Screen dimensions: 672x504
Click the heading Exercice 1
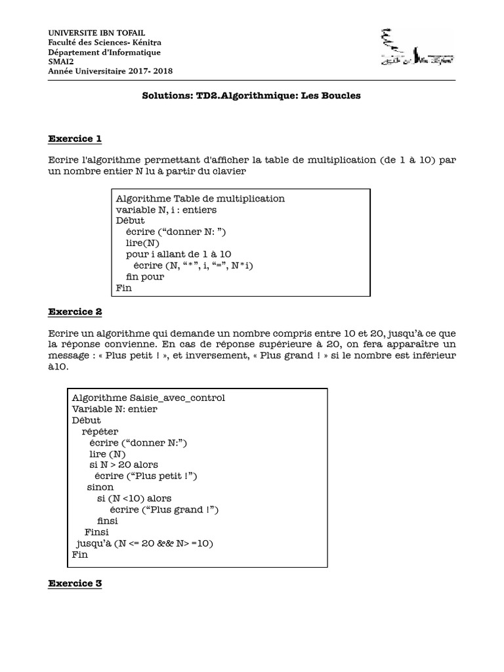pyautogui.click(x=75, y=138)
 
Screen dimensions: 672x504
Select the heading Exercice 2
pyautogui.click(x=75, y=311)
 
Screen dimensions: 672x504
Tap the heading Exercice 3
pyautogui.click(x=75, y=583)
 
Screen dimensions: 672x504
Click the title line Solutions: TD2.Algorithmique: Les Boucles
pyautogui.click(x=252, y=95)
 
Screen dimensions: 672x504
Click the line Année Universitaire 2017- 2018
pyautogui.click(x=111, y=71)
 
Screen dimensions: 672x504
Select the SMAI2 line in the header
pyautogui.click(x=61, y=62)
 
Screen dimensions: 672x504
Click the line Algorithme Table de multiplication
pyautogui.click(x=200, y=198)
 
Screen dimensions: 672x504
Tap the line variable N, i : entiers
pyautogui.click(x=166, y=210)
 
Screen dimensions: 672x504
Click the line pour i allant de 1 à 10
pyautogui.click(x=178, y=253)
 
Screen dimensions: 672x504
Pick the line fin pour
pyautogui.click(x=145, y=276)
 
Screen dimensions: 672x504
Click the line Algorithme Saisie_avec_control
pyautogui.click(x=148, y=398)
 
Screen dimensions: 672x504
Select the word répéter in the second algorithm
pyautogui.click(x=100, y=431)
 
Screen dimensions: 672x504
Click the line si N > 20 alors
pyautogui.click(x=123, y=465)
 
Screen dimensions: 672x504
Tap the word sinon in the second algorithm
pyautogui.click(x=100, y=487)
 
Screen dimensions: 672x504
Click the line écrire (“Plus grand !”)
pyautogui.click(x=164, y=510)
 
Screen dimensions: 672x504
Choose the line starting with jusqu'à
pyautogui.click(x=145, y=543)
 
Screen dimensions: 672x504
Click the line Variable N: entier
pyautogui.click(x=115, y=409)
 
